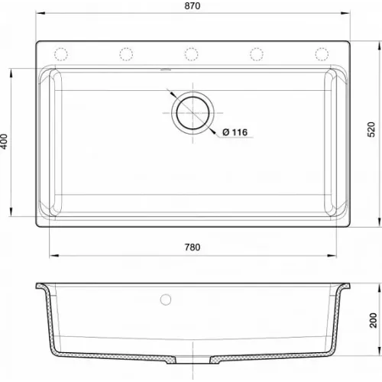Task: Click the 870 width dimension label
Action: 193,6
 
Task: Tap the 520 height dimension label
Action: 371,130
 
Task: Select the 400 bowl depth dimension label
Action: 4,141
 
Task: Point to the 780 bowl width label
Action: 193,248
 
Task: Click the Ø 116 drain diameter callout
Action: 235,132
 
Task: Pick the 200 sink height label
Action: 373,320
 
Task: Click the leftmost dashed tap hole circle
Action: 61,54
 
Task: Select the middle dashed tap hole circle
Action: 191,54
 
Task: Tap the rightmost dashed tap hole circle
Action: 322,54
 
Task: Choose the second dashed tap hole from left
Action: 126,54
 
